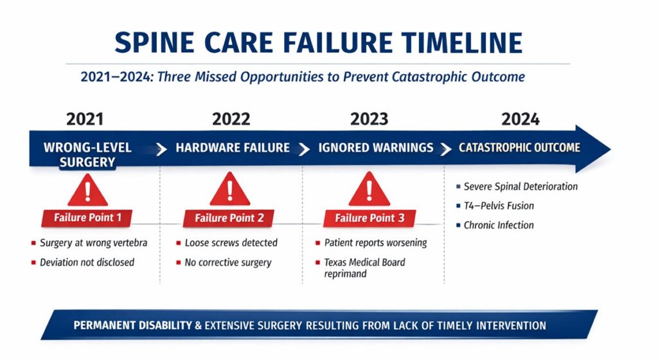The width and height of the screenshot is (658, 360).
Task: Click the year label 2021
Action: point(84,119)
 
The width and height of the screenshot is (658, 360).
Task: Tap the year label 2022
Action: point(231,119)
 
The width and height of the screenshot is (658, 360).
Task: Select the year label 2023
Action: point(369,119)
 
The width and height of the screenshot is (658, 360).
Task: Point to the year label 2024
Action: point(520,119)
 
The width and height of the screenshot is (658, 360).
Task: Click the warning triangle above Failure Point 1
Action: point(87,190)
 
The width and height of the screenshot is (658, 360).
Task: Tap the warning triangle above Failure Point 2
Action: point(230,190)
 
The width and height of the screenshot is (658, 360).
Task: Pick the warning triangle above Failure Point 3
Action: point(369,190)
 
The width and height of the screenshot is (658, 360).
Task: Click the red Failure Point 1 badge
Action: point(87,218)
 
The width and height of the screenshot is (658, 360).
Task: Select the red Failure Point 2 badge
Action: point(229,218)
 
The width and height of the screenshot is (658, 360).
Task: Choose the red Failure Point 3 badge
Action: point(369,218)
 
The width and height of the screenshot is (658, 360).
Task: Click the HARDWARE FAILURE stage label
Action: point(233,148)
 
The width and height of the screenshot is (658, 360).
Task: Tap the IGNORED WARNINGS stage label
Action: point(375,148)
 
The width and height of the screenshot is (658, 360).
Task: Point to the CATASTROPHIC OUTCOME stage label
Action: point(519,148)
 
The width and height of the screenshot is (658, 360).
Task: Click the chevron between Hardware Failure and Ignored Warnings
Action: point(304,149)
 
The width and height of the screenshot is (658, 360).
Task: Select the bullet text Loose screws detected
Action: point(231,242)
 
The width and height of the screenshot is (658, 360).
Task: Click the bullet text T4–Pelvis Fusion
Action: point(499,206)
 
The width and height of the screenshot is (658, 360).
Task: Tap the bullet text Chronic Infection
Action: point(499,225)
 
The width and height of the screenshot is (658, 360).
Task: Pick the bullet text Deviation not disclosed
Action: point(87,262)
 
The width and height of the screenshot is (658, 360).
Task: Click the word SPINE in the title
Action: point(154,42)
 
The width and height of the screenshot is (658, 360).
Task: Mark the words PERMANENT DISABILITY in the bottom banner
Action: point(132,325)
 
